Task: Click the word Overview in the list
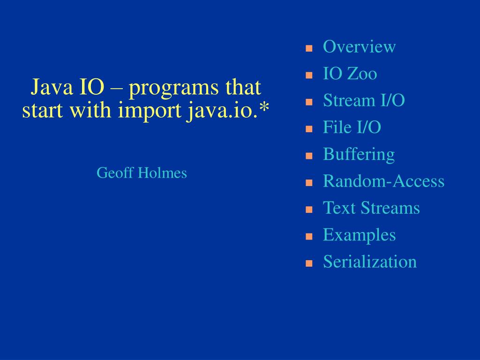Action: point(359,47)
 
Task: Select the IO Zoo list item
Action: point(350,74)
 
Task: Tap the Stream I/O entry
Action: point(364,100)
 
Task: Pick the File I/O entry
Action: point(352,127)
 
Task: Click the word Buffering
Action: point(359,154)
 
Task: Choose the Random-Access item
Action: point(383,181)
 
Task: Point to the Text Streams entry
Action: point(371,208)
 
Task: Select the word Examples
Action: point(359,235)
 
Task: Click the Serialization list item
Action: point(369,262)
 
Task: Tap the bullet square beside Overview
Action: point(309,48)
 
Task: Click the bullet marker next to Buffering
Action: point(309,156)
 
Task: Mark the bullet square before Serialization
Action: point(309,263)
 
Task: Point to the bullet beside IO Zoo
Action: point(309,75)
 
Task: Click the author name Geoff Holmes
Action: point(142,173)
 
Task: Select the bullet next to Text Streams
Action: point(309,209)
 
